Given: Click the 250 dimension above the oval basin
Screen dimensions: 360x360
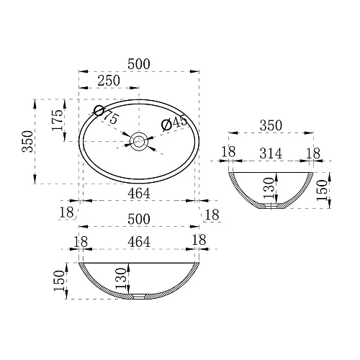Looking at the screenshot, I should pos(108,81).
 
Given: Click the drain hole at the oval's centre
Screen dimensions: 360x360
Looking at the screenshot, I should pos(138,141).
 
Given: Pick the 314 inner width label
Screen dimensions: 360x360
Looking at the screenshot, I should pos(270,153).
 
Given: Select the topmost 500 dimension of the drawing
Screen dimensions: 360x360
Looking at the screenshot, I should pos(138,64).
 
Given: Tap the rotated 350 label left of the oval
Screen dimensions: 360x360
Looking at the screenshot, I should pos(27,140).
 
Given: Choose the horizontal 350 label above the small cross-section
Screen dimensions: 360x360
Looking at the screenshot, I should pos(270,125).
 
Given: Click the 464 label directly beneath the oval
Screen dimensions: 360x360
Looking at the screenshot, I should pos(138,193).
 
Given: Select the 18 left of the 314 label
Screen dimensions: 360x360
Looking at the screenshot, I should pos(229,153).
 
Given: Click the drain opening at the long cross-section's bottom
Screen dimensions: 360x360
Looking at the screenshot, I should pos(138,295).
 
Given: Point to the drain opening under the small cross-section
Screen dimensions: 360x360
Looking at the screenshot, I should pos(271,206).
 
